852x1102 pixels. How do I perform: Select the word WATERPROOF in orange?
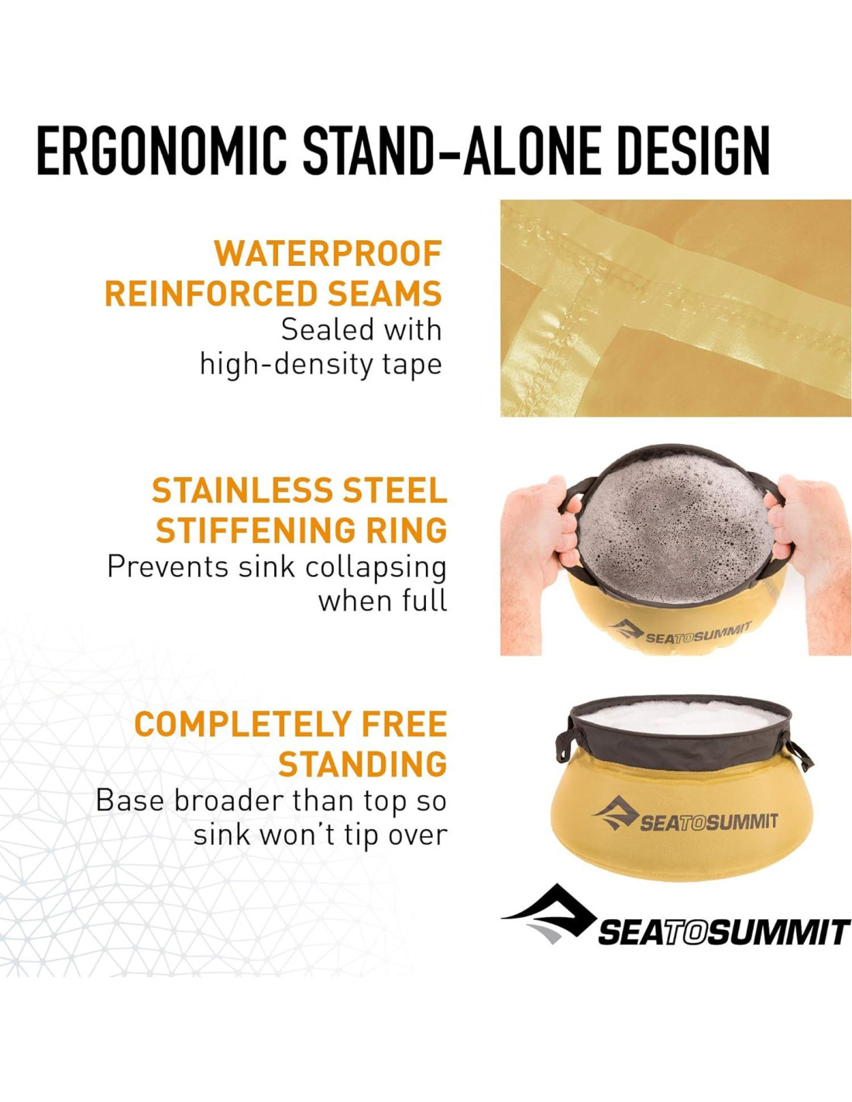[328, 253]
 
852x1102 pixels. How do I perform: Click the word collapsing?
[376, 567]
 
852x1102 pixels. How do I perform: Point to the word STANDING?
[363, 764]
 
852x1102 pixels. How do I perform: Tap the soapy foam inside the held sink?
[675, 529]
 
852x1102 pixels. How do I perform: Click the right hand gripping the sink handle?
[809, 548]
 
